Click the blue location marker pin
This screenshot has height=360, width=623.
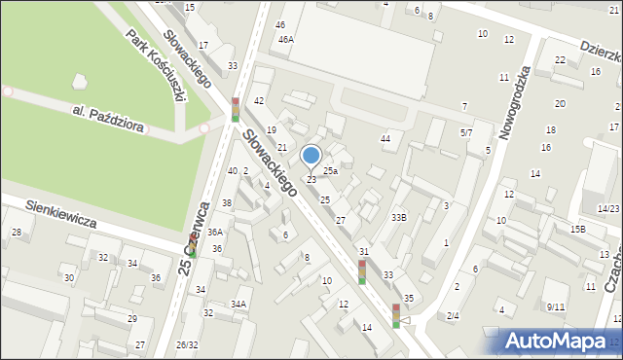pos(311,156)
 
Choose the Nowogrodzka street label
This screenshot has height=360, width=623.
pos(513,103)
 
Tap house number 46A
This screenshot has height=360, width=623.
pos(286,40)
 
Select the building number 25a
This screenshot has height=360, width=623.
pos(330,171)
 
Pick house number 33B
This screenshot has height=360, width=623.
pos(399,217)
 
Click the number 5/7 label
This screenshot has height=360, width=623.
pos(466,132)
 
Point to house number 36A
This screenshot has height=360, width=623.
pos(215,232)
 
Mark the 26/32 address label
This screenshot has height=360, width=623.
pos(187,345)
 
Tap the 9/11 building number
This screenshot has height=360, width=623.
pos(556,307)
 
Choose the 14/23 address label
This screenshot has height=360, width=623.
pos(608,209)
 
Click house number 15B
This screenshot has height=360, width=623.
pos(578,230)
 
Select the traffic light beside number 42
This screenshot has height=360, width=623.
pos(235,110)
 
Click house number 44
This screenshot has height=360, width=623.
pos(385,139)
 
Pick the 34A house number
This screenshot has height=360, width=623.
pos(238,305)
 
